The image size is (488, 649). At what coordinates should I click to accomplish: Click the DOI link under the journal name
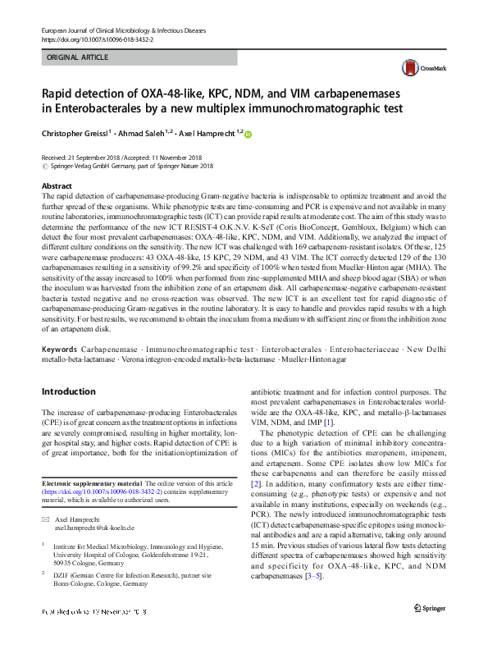coord(91,39)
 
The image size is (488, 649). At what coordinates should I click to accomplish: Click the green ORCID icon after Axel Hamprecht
coord(249,133)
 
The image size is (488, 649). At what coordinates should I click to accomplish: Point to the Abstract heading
coord(56,186)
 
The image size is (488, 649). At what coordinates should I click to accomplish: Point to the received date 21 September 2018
coord(98,157)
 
